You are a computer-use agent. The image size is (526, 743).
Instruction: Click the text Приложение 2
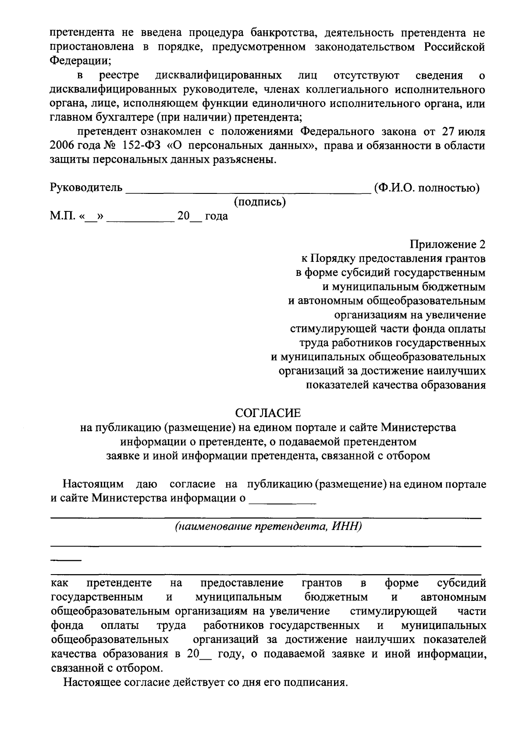[x=448, y=244]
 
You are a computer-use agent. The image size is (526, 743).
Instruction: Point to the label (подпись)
[x=260, y=202]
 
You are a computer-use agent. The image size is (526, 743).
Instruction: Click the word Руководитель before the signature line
[x=86, y=188]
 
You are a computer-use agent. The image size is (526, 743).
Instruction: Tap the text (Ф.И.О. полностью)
[x=426, y=188]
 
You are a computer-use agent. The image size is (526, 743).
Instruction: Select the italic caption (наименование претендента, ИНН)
[x=268, y=526]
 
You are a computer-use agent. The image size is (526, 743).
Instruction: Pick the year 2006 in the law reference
[x=63, y=146]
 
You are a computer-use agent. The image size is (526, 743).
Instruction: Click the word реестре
[x=119, y=75]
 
